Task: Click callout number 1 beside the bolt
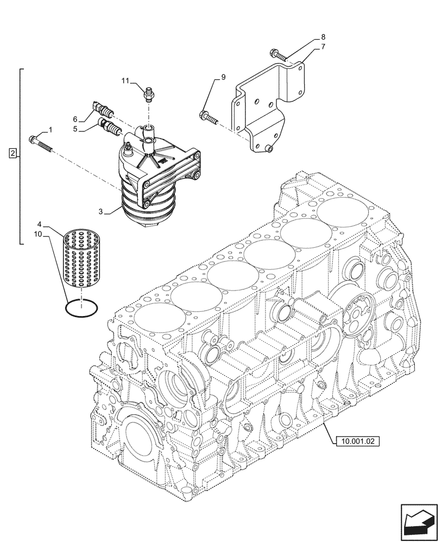point(51,130)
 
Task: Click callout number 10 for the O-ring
point(37,235)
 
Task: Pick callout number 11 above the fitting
point(125,81)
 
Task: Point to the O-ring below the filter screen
point(81,307)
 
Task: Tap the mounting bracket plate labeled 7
point(266,109)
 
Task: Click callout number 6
point(75,119)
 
